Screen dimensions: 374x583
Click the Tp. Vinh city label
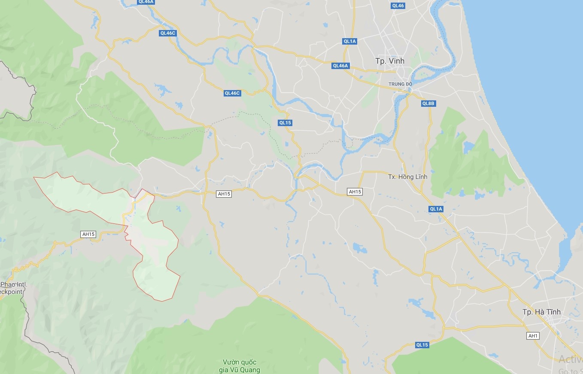[x=389, y=61]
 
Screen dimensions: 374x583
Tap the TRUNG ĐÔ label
[x=400, y=84]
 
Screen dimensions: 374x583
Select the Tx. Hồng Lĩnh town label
[x=407, y=177]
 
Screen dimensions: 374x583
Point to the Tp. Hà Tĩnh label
[x=541, y=312]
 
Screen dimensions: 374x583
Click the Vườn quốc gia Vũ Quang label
[x=240, y=366]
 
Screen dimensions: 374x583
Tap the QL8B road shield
[x=428, y=103]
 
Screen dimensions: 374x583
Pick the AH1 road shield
[x=533, y=336]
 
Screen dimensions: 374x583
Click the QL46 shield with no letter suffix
[x=398, y=6]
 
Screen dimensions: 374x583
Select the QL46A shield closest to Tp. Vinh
[x=341, y=66]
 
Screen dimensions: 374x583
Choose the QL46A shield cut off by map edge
[x=146, y=2]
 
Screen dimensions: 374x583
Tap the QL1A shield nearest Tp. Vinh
[x=350, y=41]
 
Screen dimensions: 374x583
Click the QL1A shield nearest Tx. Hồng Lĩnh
[x=436, y=209]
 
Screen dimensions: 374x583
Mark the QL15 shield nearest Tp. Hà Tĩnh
[x=422, y=345]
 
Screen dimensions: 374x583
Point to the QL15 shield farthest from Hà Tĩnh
[x=285, y=123]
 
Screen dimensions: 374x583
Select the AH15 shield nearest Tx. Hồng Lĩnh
[x=355, y=192]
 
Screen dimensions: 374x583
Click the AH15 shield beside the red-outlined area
[x=88, y=234]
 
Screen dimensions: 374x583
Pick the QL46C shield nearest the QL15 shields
[x=232, y=93]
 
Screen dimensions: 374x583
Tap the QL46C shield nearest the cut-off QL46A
[x=167, y=33]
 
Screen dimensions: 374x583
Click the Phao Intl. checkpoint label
[x=13, y=288]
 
